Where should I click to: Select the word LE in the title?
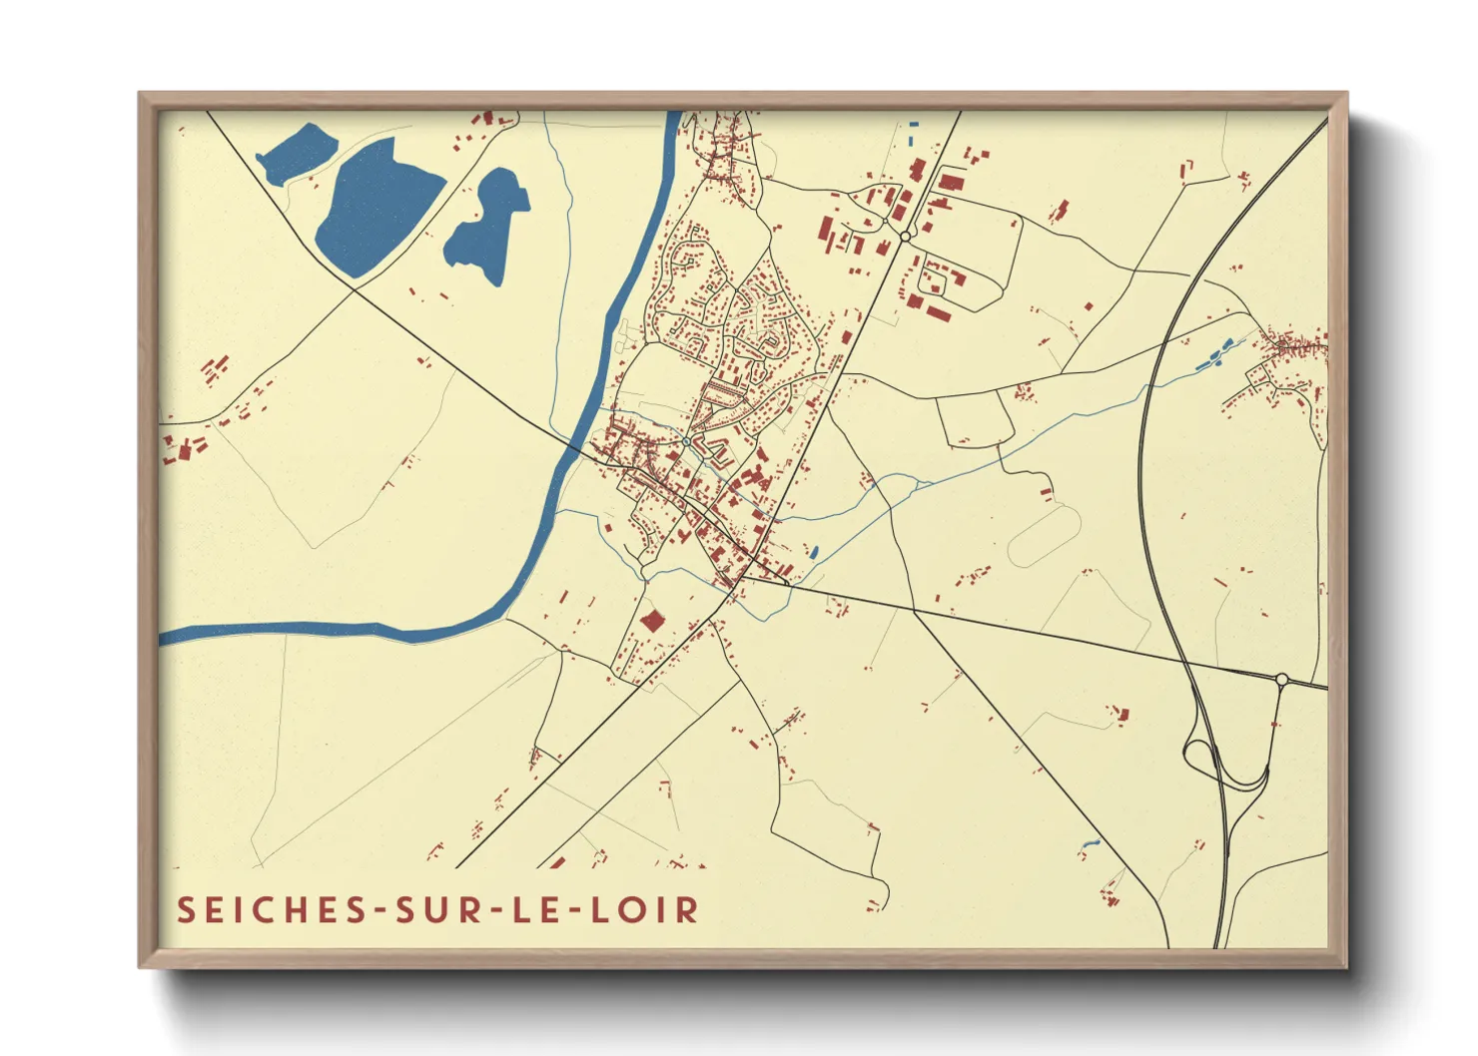pos(541,910)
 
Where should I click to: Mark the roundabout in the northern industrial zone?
pos(905,237)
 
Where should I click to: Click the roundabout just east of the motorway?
pos(1281,680)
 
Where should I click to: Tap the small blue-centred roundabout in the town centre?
pos(686,441)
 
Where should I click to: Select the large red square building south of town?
pos(652,621)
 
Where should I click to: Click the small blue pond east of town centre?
pos(814,551)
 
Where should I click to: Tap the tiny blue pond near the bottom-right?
pos(1088,848)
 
